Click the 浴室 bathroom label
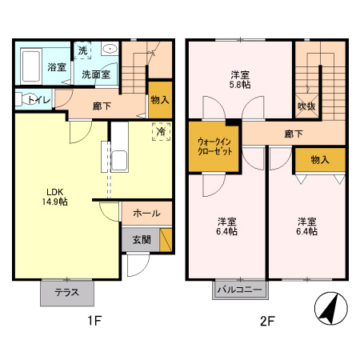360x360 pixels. click(x=56, y=67)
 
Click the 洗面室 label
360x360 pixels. click(x=95, y=74)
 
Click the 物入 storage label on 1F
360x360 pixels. click(x=160, y=99)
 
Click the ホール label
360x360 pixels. click(x=146, y=214)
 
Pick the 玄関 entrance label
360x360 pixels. click(x=141, y=238)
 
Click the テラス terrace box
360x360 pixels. click(x=66, y=292)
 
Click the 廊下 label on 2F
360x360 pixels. click(x=294, y=134)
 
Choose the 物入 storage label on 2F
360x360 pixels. click(x=320, y=160)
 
